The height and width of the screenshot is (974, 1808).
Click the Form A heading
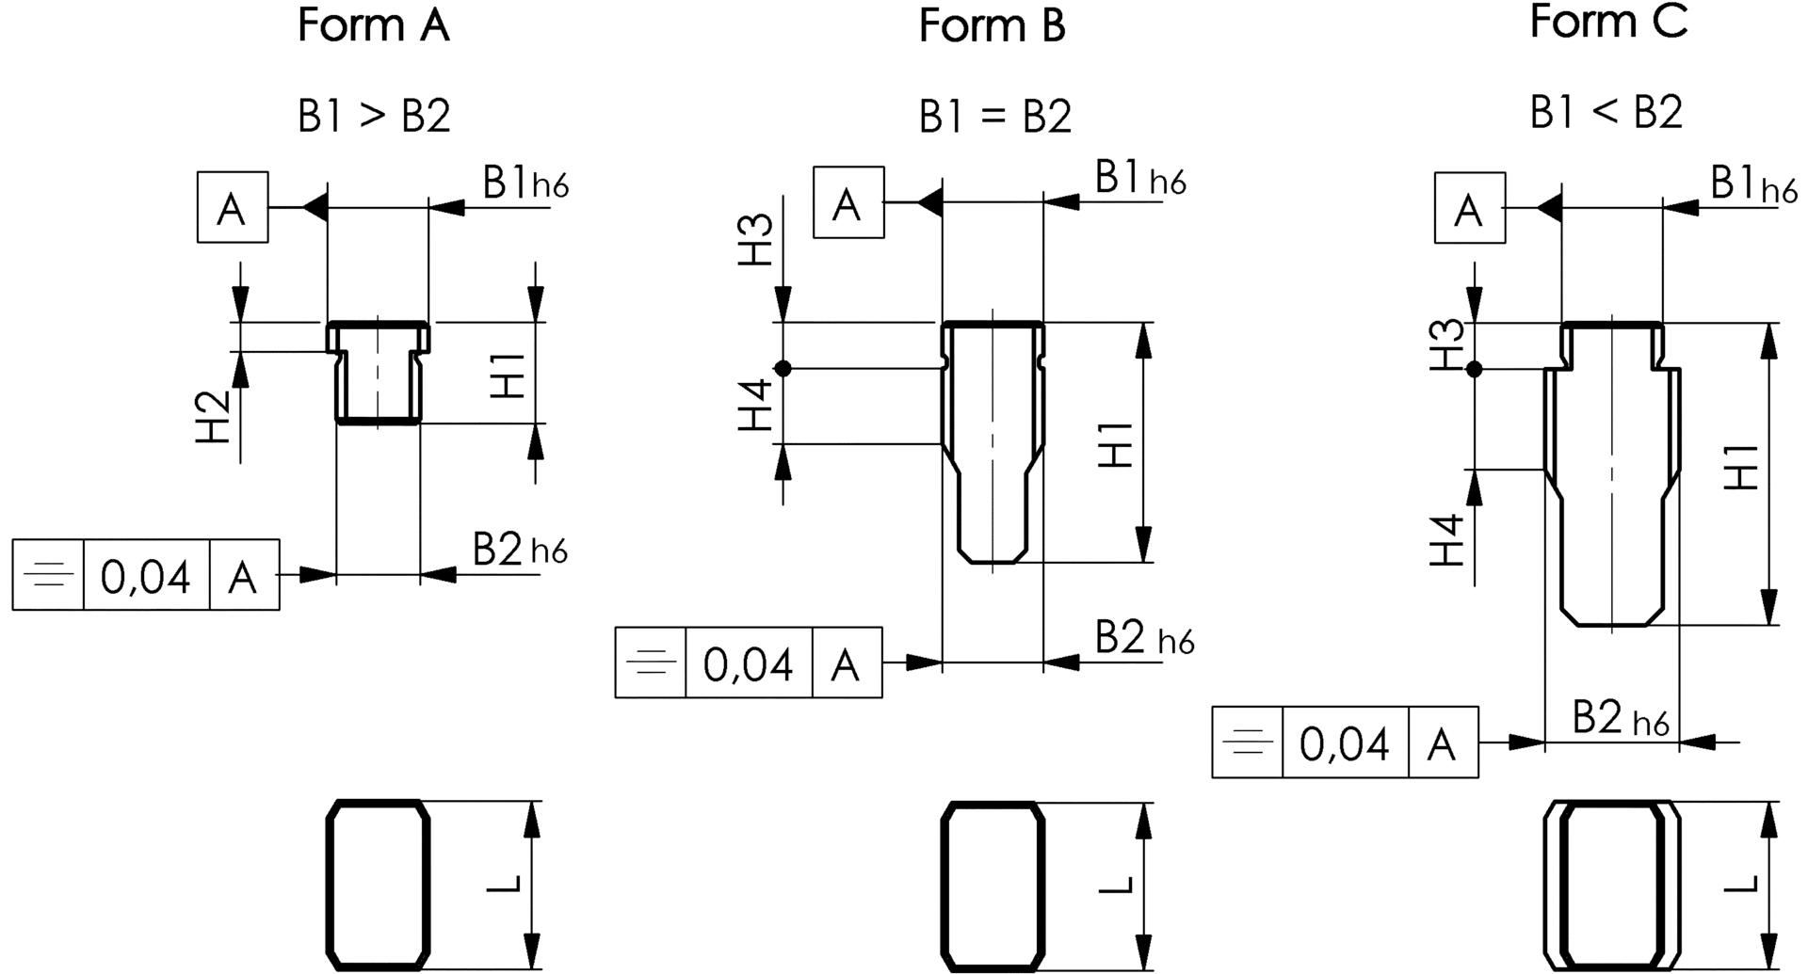[374, 25]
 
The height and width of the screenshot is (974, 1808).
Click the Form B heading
[992, 25]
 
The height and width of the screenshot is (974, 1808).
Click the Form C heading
[1608, 22]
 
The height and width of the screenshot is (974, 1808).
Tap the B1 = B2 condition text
[995, 117]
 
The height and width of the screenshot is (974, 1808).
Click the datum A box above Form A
[233, 208]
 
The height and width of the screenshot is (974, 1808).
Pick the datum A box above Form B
[848, 203]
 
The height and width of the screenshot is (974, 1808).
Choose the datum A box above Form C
[1469, 209]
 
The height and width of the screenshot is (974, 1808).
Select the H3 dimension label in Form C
[1448, 344]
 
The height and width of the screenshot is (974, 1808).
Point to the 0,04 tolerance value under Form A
[146, 575]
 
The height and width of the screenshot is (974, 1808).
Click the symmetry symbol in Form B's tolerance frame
[651, 663]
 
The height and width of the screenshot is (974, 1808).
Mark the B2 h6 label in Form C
[1620, 720]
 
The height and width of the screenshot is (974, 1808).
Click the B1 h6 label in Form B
[1139, 178]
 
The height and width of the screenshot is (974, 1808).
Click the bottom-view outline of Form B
[993, 886]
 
